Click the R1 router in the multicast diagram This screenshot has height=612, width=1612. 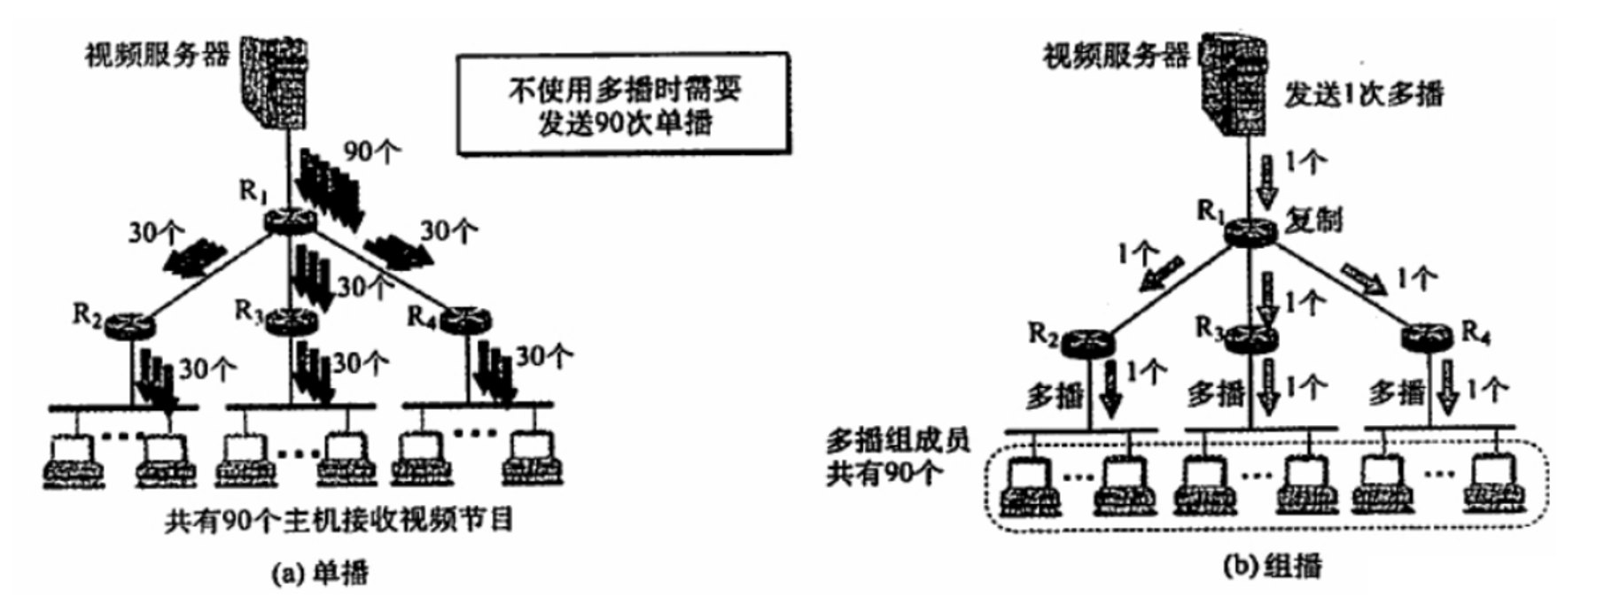click(1250, 231)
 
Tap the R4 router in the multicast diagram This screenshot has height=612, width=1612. click(1427, 337)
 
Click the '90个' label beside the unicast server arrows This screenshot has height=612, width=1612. click(371, 151)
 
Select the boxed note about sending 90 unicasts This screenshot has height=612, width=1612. click(623, 105)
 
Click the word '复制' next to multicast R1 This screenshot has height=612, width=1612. click(1313, 219)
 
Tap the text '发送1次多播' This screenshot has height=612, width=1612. click(1364, 95)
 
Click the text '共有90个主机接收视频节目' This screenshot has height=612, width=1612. click(339, 520)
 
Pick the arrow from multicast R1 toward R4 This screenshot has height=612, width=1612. click(1363, 277)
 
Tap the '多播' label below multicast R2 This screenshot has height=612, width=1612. click(1055, 395)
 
